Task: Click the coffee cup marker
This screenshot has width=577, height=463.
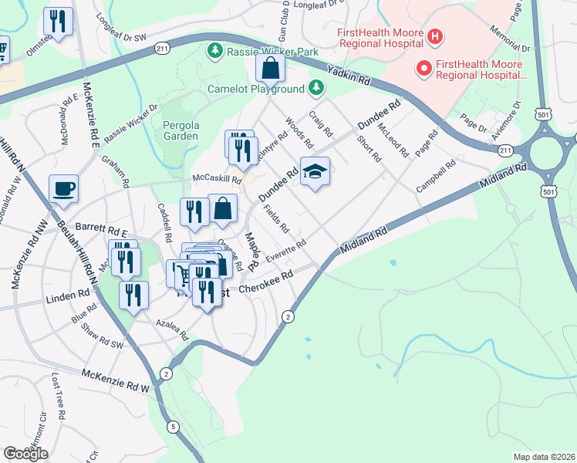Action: [63, 188]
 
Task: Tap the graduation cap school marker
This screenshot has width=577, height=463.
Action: [314, 172]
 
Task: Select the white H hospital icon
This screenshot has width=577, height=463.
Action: [435, 36]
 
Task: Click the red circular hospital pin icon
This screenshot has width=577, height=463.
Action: [423, 69]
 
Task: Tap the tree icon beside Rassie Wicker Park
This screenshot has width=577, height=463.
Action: [214, 52]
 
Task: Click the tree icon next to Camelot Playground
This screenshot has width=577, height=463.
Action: [315, 89]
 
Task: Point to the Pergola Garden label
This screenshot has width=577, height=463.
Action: [181, 130]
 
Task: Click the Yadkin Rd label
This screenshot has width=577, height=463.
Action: [348, 76]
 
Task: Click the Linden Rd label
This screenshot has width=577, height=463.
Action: [67, 296]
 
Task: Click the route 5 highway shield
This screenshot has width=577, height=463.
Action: [174, 426]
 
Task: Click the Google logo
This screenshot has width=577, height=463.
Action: [25, 454]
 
